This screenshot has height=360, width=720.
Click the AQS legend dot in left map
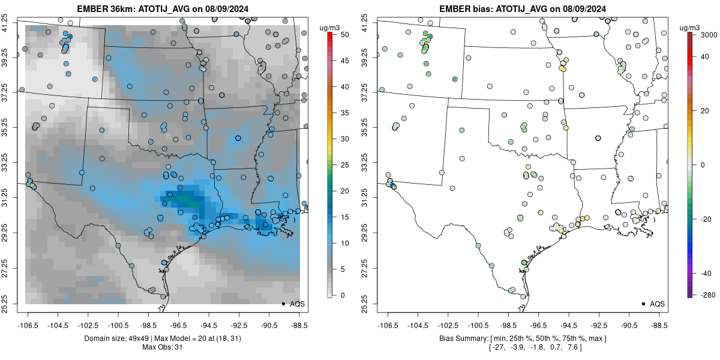tap(283, 304)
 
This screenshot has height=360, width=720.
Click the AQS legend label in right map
tap(658, 304)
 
